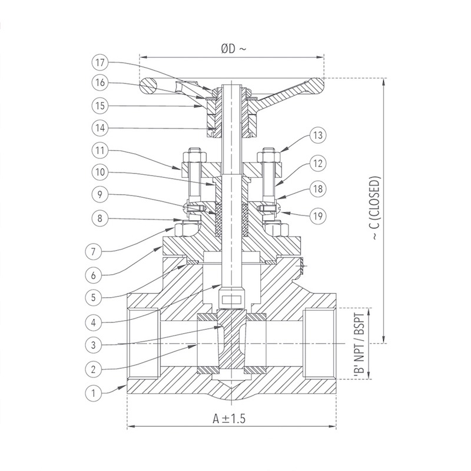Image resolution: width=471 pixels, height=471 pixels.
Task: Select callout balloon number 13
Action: coord(319,135)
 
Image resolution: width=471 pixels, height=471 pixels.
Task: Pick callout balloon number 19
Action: coord(319,216)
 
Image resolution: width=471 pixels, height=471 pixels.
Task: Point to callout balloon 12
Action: coord(319,163)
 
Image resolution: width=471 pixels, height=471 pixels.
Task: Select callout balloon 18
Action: coord(319,190)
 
